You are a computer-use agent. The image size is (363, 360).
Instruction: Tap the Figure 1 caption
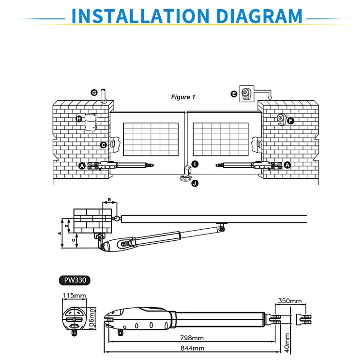point(183,97)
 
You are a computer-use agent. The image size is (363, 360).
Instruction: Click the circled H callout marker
point(79,119)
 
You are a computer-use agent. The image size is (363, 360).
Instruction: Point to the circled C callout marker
point(103,145)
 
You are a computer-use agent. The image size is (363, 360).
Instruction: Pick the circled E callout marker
point(234,94)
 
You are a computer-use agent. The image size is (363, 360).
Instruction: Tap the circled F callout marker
point(290,121)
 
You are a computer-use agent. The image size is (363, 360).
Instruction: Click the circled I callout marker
point(195,164)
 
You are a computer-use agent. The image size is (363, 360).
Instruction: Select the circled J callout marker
point(195,183)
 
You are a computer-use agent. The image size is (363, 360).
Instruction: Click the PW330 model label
point(75,280)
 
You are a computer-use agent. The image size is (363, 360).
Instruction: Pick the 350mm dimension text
point(289,301)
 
